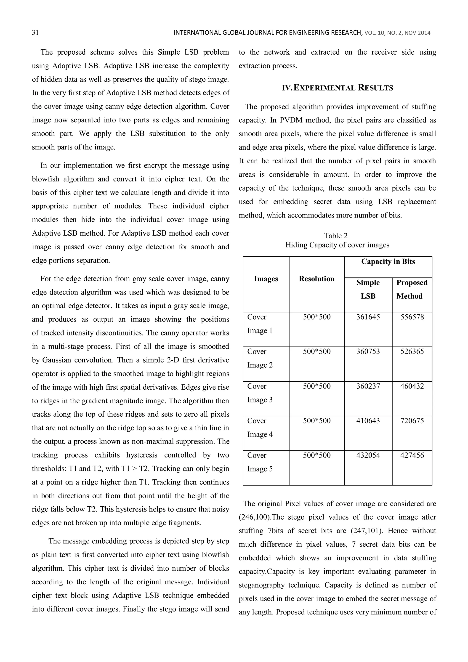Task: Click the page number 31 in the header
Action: coord(35,33)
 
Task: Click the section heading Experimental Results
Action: coord(337,88)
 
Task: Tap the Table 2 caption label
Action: coord(336,236)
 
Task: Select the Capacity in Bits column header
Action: coord(388,261)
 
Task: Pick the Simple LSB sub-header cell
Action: coord(368,289)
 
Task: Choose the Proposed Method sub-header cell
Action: coord(412,289)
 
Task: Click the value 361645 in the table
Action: coord(368,317)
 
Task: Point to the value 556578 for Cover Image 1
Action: coord(412,317)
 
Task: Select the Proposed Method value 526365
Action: coord(412,351)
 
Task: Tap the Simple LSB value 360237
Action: coord(368,386)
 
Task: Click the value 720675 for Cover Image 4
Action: coord(412,421)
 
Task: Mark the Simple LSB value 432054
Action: coord(368,455)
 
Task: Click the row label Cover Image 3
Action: coord(260,393)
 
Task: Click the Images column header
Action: coord(266,279)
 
